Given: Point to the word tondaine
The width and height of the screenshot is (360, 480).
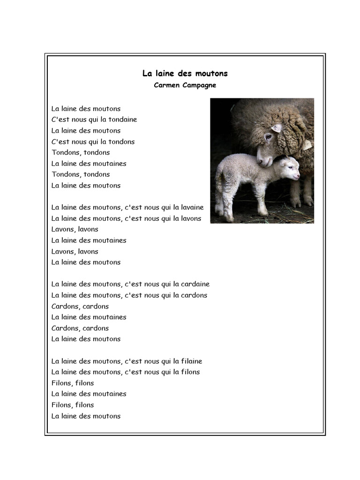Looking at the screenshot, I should click(x=123, y=120).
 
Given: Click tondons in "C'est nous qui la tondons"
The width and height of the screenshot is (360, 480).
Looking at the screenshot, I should click(x=121, y=142).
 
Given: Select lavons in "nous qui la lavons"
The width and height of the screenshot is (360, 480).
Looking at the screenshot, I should click(x=191, y=218).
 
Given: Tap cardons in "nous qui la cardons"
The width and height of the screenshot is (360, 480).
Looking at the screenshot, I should click(x=194, y=295).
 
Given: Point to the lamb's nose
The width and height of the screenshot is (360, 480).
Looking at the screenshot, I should click(x=298, y=177).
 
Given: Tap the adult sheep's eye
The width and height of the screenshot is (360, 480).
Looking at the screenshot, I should click(x=269, y=137).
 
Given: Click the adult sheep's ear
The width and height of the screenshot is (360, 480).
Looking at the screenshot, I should click(x=277, y=127).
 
